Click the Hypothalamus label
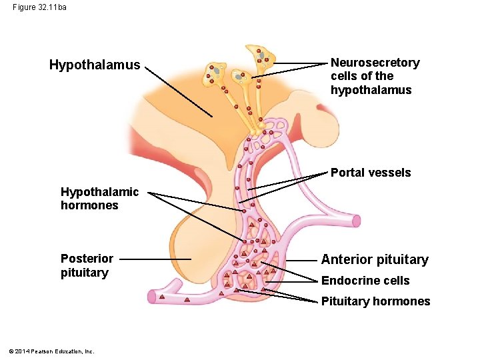[x=95, y=65]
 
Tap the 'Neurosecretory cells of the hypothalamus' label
[x=375, y=76]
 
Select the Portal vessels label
[x=371, y=173]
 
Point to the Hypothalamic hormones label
[x=99, y=199]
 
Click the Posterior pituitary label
[x=87, y=265]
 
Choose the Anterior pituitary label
[x=375, y=259]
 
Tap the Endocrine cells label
[x=365, y=281]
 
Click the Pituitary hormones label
[x=375, y=301]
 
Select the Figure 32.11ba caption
[x=39, y=7]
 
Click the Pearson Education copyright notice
[x=53, y=351]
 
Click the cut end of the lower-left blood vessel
[x=153, y=297]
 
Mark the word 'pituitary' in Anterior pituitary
[x=402, y=259]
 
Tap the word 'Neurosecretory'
[x=375, y=63]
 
